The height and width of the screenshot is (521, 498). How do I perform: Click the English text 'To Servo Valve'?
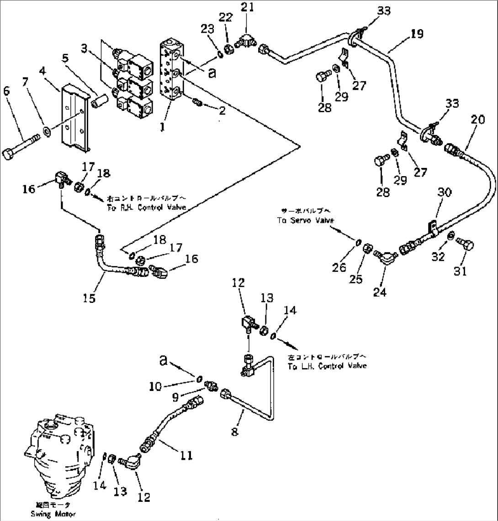[306, 220]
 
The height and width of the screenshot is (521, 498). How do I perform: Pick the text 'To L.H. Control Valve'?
[327, 366]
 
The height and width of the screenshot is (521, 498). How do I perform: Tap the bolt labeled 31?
[466, 247]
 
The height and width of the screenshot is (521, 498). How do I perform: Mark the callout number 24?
[380, 293]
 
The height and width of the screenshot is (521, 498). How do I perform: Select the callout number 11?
[185, 455]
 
